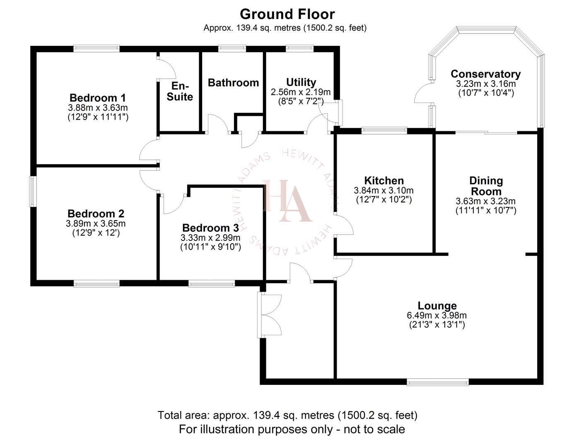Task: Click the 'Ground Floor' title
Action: click(x=287, y=14)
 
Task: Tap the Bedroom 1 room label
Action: click(x=98, y=98)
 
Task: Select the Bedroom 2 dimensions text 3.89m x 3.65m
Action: click(x=96, y=224)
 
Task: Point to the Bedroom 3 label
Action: click(x=210, y=228)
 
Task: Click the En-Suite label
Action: click(x=180, y=91)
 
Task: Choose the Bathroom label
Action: click(x=233, y=83)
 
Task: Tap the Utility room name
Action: click(x=301, y=82)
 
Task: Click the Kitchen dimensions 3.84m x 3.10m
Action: click(x=383, y=191)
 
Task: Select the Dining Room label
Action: click(x=486, y=186)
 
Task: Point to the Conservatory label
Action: click(x=486, y=74)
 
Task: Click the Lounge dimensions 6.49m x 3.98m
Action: click(x=437, y=315)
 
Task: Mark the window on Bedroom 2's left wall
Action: click(x=32, y=191)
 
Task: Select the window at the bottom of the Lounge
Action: click(x=438, y=382)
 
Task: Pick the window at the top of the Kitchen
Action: click(x=384, y=131)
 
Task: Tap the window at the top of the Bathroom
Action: click(x=232, y=48)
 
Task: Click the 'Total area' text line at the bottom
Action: click(x=287, y=415)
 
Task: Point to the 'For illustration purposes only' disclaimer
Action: click(x=292, y=429)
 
